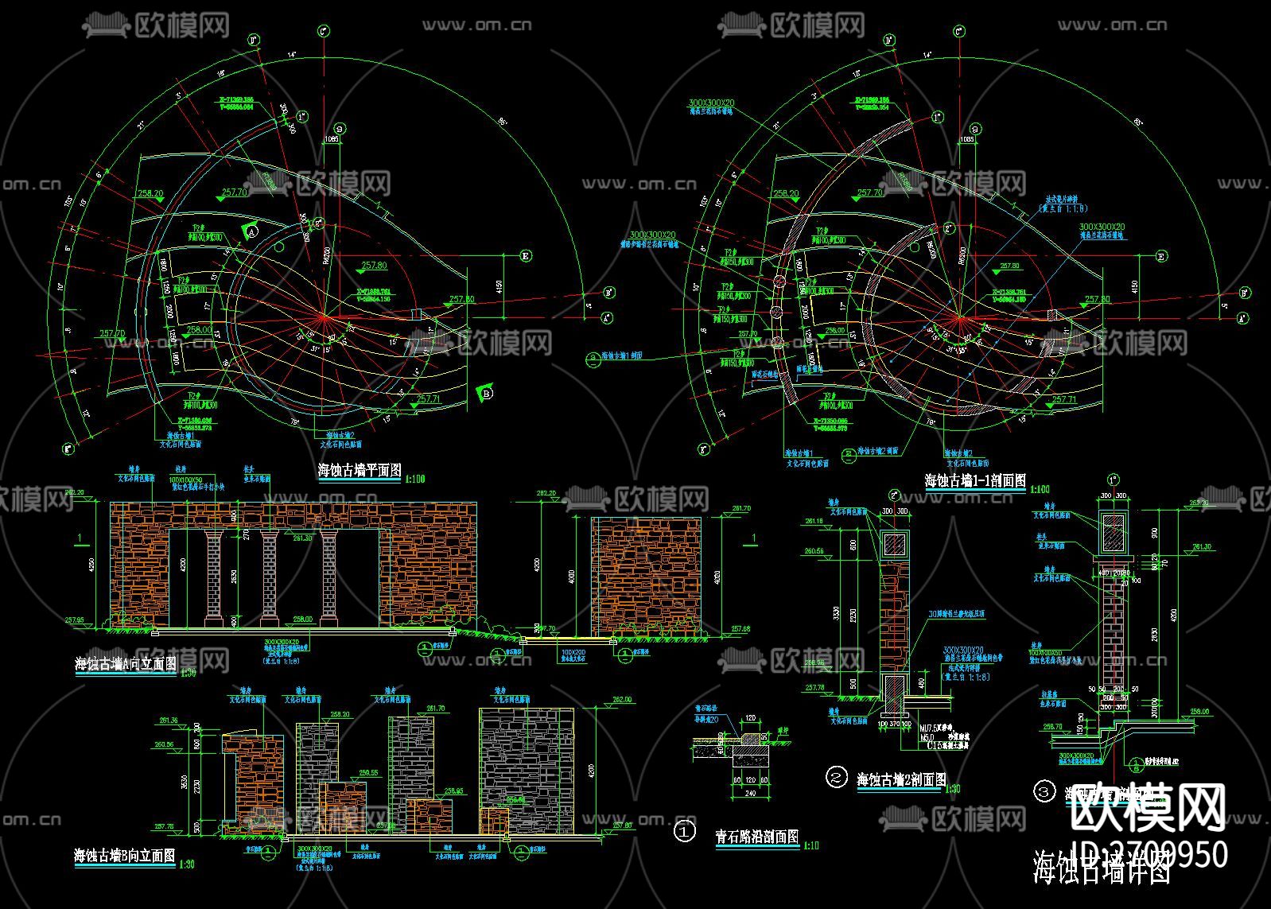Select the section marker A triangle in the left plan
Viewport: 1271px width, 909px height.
[x=252, y=231]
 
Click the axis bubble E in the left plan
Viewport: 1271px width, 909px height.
[x=526, y=256]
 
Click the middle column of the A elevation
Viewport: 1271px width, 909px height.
[x=269, y=576]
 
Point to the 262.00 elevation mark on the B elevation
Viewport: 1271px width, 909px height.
[x=621, y=700]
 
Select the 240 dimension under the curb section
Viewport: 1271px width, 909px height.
[x=749, y=793]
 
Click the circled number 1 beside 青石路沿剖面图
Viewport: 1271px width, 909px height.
[x=684, y=832]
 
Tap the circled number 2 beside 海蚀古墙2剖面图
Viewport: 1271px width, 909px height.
[x=836, y=777]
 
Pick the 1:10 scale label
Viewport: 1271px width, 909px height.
[x=810, y=845]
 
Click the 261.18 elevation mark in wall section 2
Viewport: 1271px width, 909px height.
[x=813, y=522]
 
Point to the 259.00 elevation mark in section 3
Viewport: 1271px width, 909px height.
[x=1199, y=712]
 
